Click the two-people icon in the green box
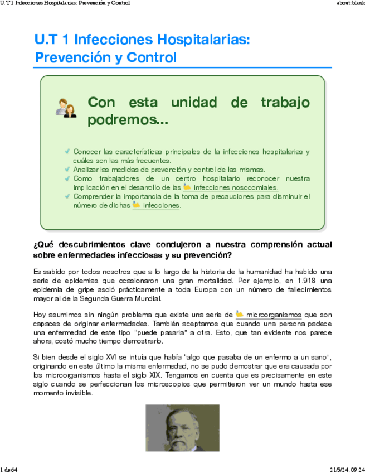coord(66,108)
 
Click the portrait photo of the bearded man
coord(175,428)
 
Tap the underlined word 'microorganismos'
coord(274,315)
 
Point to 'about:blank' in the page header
coord(351,3)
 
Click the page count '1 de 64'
coord(9,469)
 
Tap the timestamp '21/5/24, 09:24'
coord(345,469)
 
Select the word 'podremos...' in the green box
coord(128,120)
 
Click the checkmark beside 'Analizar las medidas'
coord(67,169)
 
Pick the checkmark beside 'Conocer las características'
coord(67,151)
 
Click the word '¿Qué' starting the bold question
coord(43,245)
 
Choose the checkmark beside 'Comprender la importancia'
coord(67,196)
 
